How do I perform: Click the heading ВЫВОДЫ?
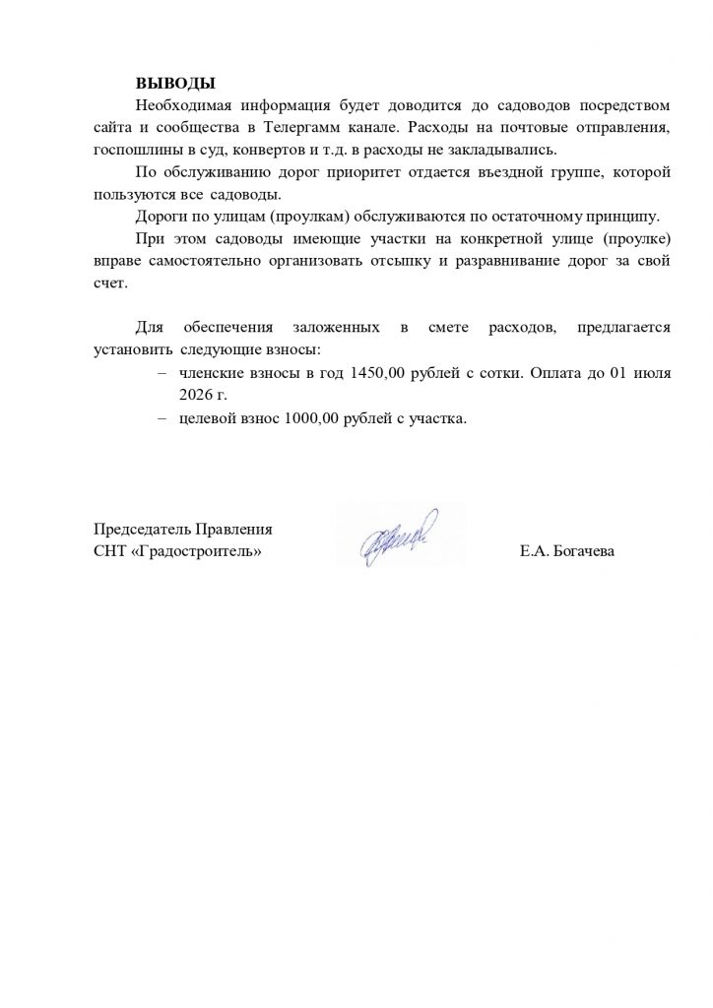(174, 82)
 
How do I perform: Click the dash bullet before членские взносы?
(161, 373)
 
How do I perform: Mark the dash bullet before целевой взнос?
(161, 417)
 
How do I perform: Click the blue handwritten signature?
(398, 536)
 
